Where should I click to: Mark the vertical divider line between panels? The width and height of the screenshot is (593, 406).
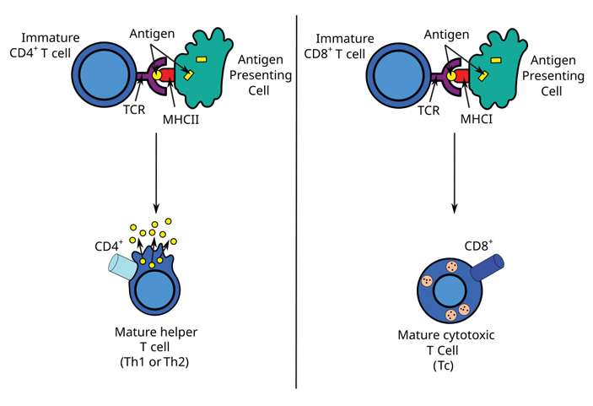tap(297, 203)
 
